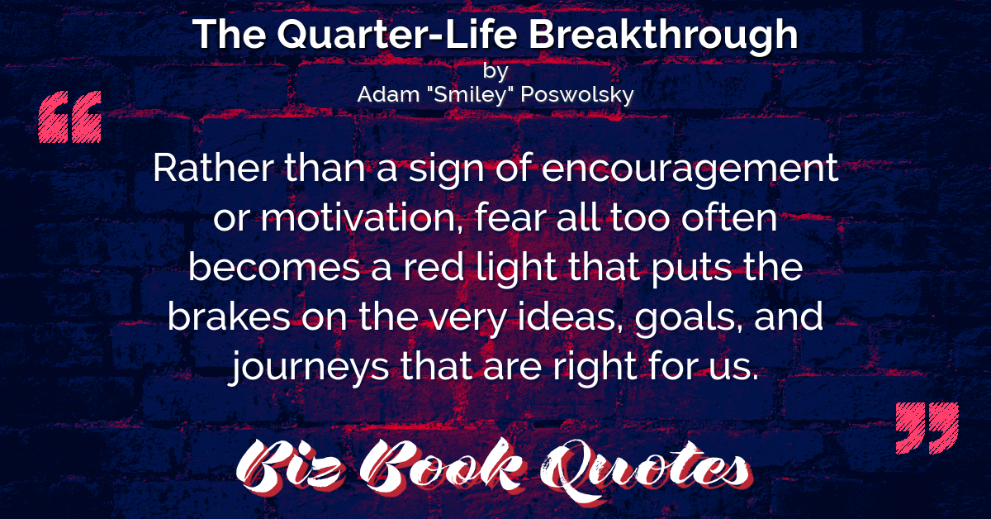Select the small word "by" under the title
click(x=495, y=71)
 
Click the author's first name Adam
click(x=388, y=94)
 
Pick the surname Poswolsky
click(x=577, y=95)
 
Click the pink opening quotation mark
click(x=70, y=117)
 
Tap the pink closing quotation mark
click(x=927, y=428)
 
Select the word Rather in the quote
click(x=213, y=169)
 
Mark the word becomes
click(x=274, y=267)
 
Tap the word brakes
click(x=229, y=316)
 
